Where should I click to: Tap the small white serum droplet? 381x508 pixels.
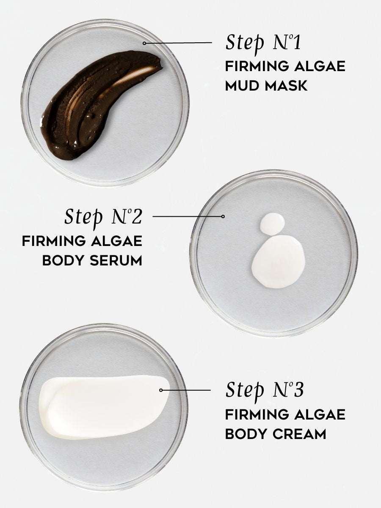272,223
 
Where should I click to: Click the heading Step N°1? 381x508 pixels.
264,43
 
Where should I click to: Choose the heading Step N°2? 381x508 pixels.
103,216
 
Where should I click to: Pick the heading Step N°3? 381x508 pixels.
264,390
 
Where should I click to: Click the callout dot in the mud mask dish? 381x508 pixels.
144,43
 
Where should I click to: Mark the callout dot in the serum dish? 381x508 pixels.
223,216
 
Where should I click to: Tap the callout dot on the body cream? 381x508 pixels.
161,390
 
